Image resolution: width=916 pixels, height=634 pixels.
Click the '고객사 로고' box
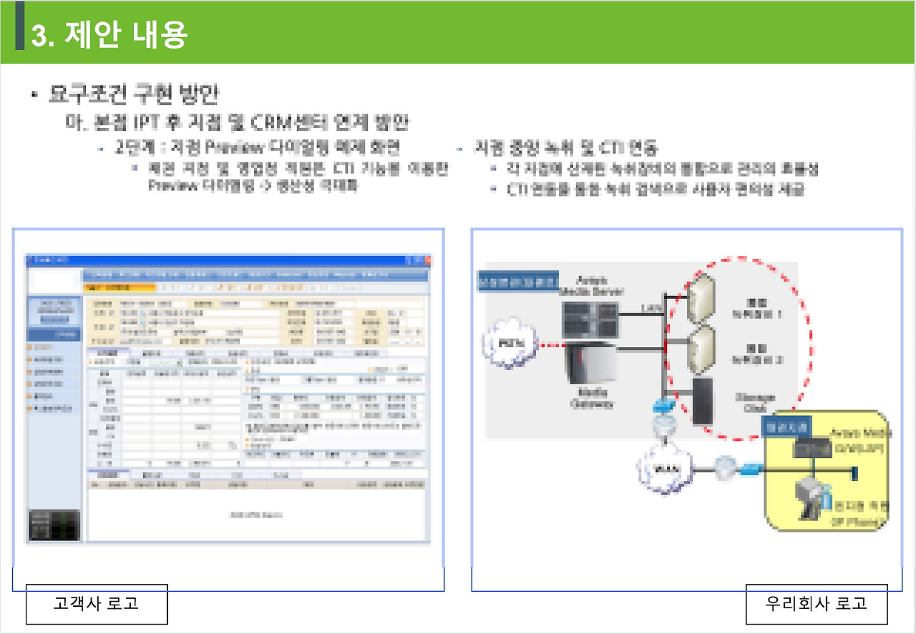tap(97, 603)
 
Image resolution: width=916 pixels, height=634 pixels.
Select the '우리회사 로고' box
tap(817, 603)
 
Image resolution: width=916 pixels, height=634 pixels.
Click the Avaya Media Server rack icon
tap(590, 318)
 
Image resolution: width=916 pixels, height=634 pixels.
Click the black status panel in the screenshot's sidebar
tap(54, 525)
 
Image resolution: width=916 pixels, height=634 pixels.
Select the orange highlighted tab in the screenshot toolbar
tap(120, 288)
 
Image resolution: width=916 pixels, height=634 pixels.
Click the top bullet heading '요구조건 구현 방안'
tap(132, 94)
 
